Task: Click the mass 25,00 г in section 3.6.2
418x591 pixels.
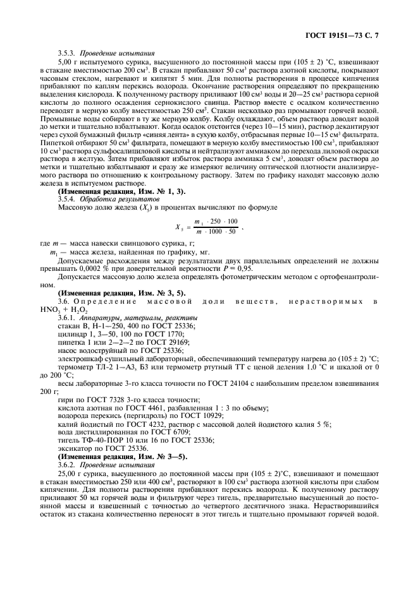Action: [x=69, y=474]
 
